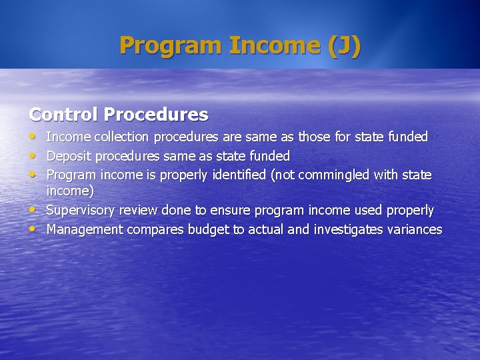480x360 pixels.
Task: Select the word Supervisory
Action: tap(80, 211)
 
